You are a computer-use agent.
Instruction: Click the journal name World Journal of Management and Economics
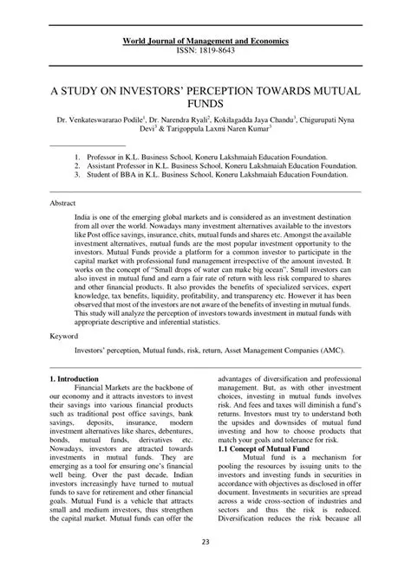[x=205, y=42]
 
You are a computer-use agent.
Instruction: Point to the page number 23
[x=205, y=566]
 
